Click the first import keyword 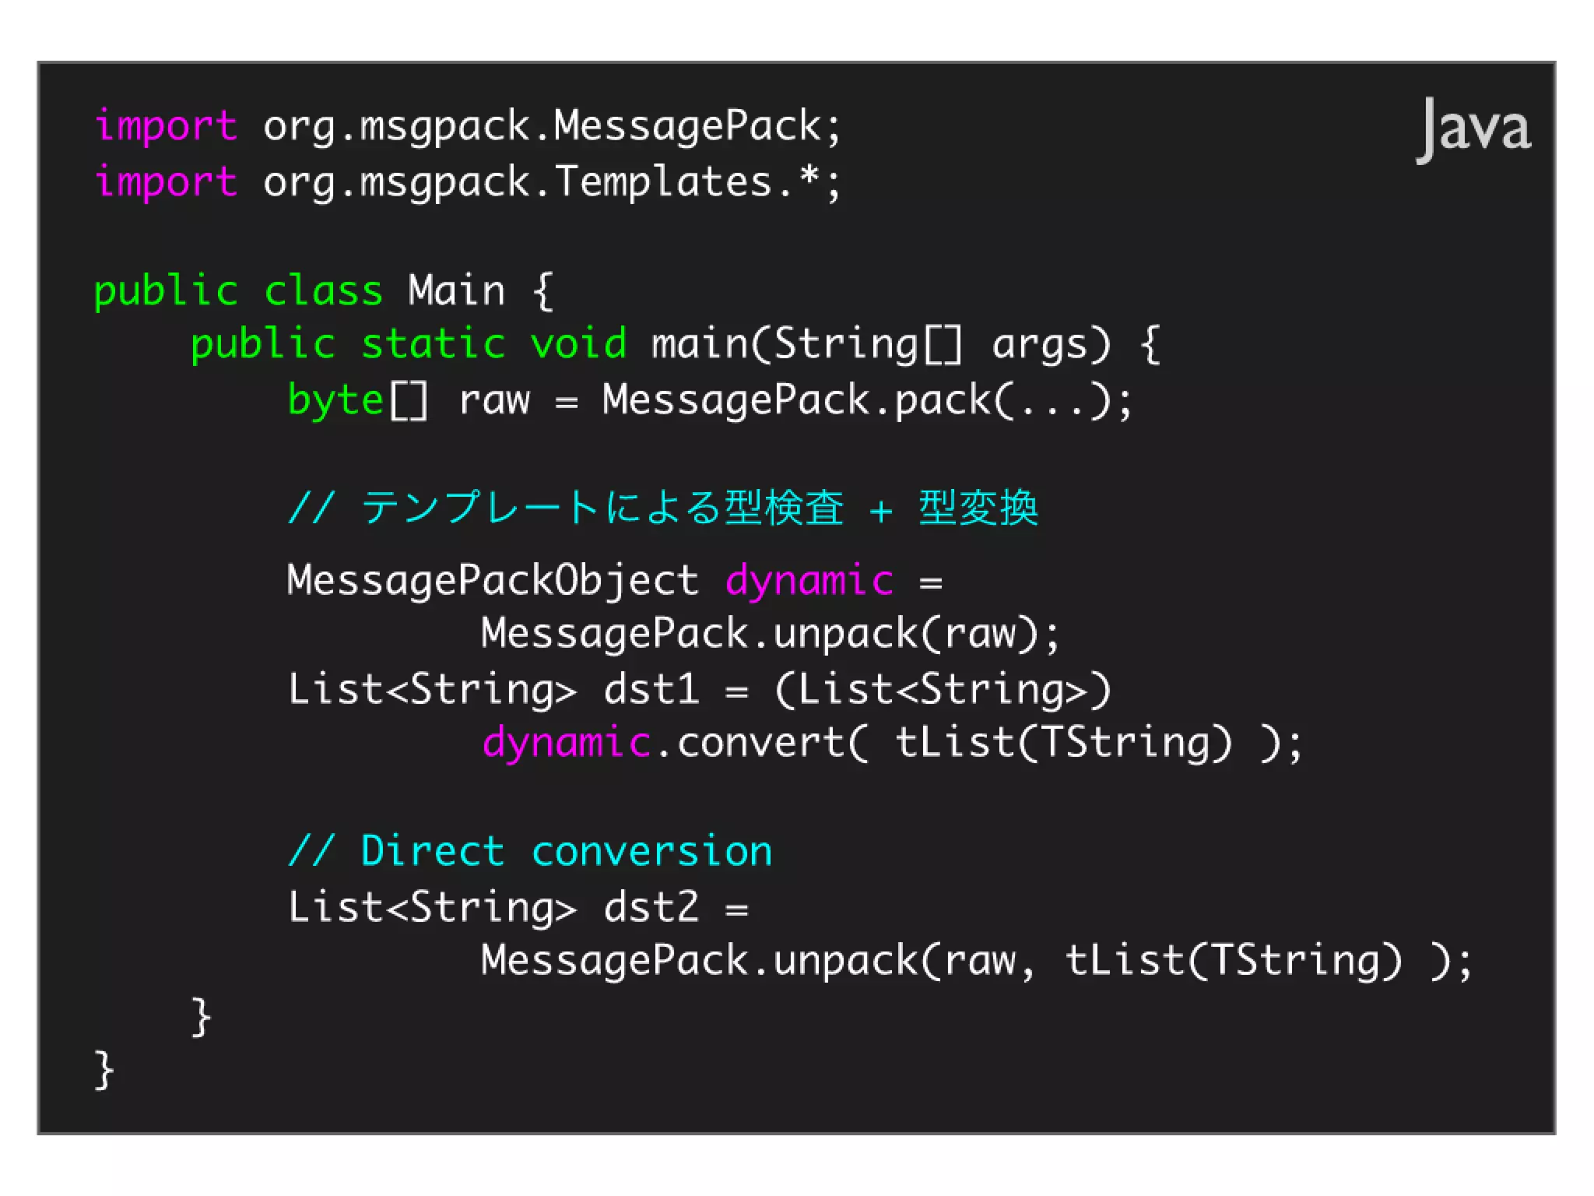(165, 126)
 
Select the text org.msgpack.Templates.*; (551, 182)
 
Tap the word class (323, 291)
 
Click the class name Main (456, 291)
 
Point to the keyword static (433, 344)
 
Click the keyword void (578, 344)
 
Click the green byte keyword (335, 400)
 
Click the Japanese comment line (662, 508)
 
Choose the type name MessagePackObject (492, 580)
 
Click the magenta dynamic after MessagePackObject (809, 580)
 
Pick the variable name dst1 (651, 689)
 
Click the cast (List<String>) (943, 689)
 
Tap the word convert (760, 742)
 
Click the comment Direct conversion (529, 850)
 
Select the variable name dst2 (651, 907)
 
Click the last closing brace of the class (104, 1070)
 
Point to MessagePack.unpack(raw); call (769, 633)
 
